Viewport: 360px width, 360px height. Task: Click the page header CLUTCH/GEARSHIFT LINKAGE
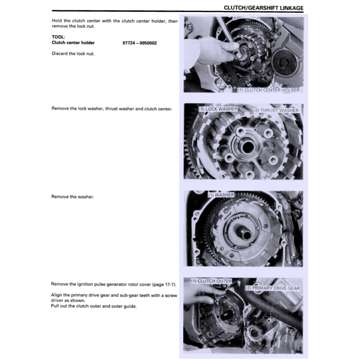[x=263, y=8]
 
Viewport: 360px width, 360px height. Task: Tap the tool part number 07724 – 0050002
[x=140, y=43]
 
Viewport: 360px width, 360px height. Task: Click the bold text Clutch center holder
[x=73, y=43]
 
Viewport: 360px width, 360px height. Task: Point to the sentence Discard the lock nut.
[x=73, y=54]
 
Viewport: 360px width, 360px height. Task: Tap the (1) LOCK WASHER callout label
[x=218, y=109]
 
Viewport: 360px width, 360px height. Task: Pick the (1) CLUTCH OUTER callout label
[x=211, y=281]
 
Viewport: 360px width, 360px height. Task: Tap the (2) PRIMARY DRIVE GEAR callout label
[x=272, y=288]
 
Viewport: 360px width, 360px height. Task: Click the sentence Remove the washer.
[x=73, y=197]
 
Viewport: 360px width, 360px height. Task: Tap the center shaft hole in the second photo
[x=248, y=147]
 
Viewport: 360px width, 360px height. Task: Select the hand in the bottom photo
[x=199, y=294]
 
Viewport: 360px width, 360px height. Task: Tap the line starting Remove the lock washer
[x=112, y=109]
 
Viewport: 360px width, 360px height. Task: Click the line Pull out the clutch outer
[x=94, y=306]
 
